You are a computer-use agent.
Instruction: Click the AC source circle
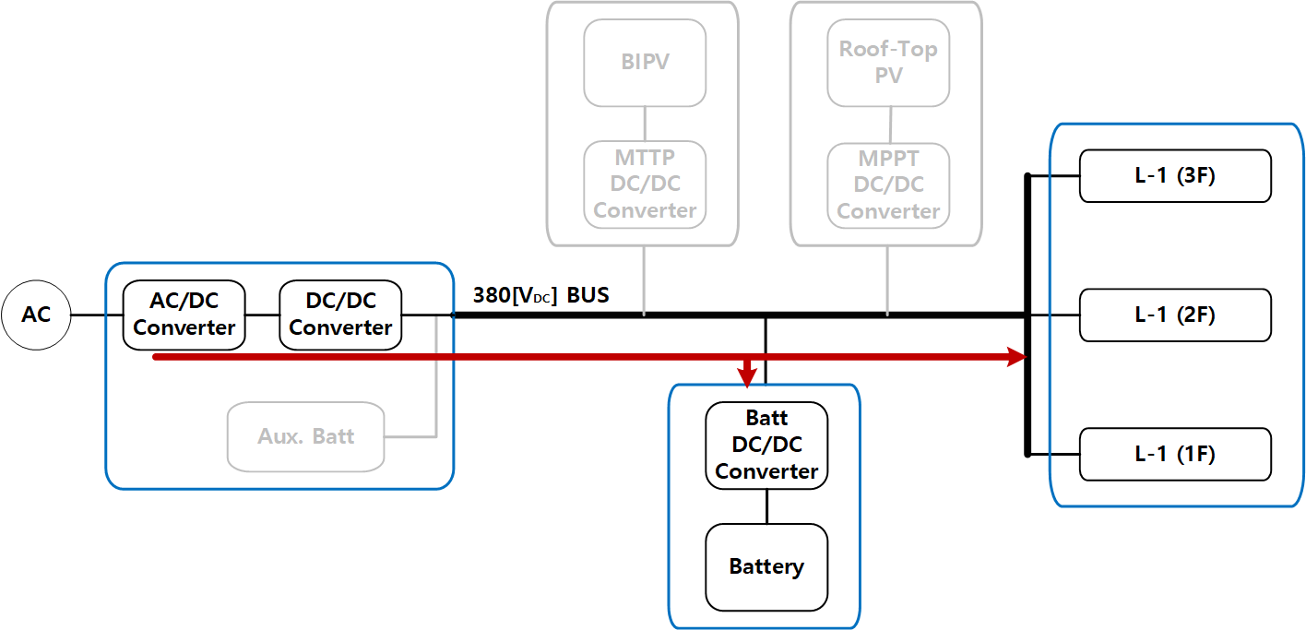36,315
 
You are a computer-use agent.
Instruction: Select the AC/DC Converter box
184,315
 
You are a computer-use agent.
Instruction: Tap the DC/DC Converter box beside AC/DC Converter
340,315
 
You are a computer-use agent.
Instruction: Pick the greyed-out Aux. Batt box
305,436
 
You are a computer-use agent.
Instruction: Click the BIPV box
645,63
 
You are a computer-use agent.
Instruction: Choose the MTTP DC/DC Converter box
645,184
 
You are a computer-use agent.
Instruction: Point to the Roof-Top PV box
888,63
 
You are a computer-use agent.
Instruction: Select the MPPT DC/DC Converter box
888,184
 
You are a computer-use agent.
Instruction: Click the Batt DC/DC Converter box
766,446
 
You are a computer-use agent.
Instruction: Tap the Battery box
766,566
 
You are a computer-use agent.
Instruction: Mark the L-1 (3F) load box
1175,175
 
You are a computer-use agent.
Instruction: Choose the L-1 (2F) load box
1175,315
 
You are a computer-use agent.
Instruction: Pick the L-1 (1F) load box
1175,454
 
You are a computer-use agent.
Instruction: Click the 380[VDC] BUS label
540,295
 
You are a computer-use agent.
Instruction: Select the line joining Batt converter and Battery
766,506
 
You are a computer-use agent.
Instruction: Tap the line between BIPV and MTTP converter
645,123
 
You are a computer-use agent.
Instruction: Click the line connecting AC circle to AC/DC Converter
98,315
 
